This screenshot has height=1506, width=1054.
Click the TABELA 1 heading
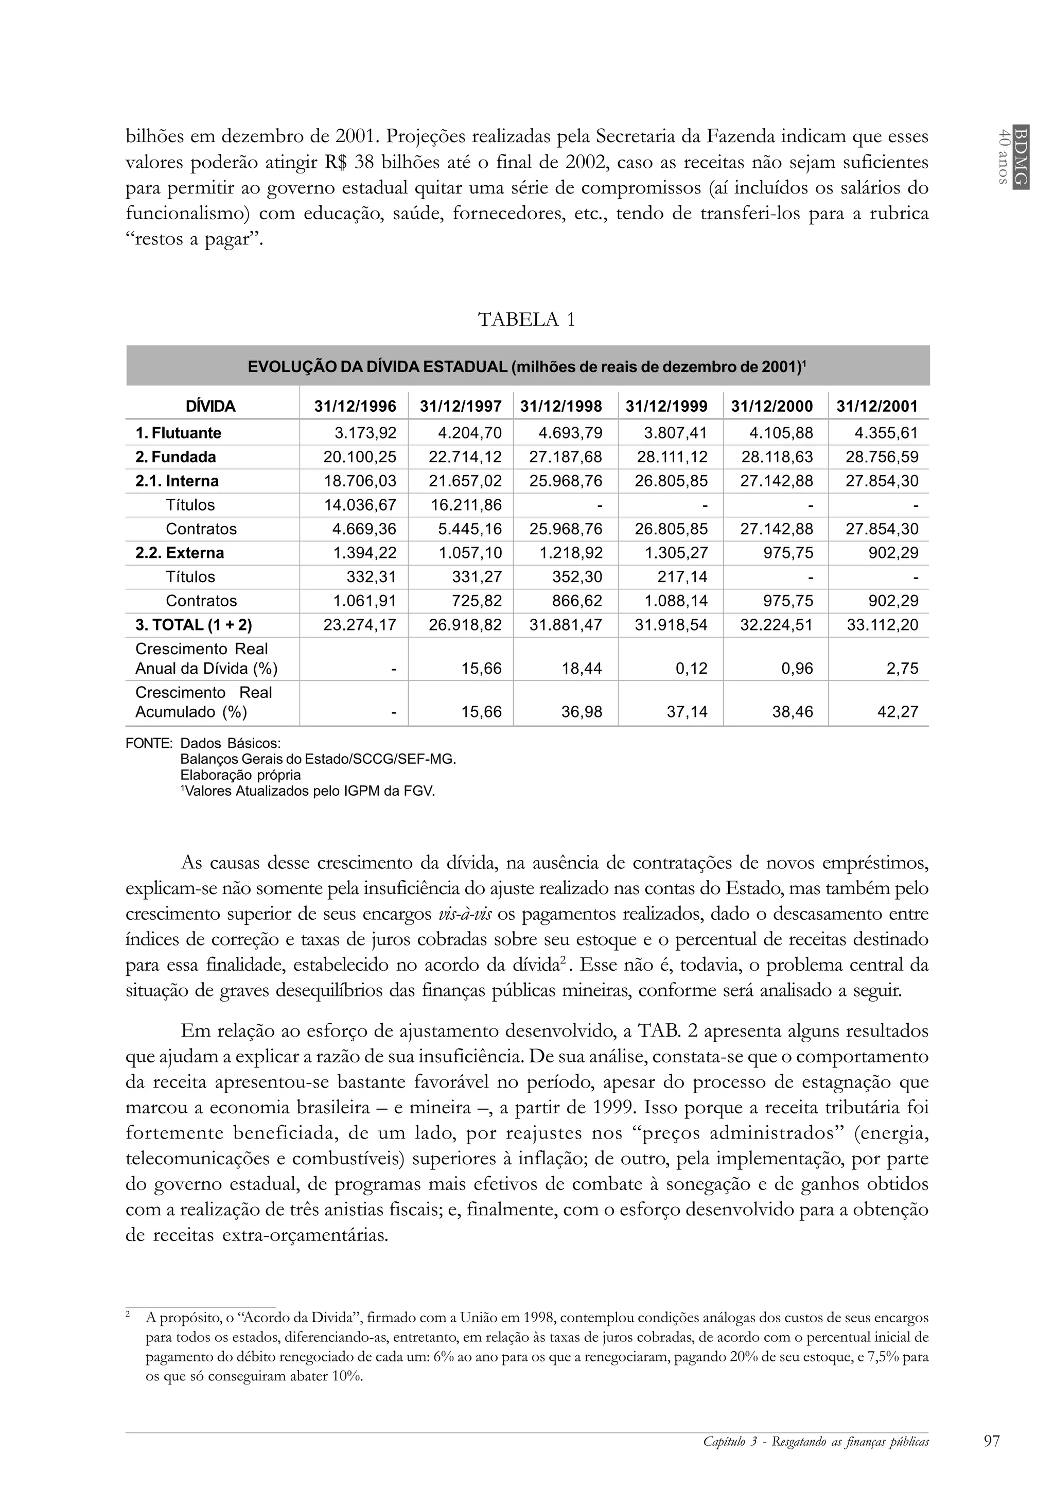(x=526, y=320)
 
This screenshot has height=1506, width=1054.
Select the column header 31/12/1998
(x=561, y=406)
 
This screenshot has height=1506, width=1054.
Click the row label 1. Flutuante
(x=179, y=433)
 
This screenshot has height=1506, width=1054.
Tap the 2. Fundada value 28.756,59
(x=882, y=457)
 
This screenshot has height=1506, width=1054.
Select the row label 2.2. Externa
(x=179, y=553)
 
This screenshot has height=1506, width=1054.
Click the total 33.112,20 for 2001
(x=882, y=625)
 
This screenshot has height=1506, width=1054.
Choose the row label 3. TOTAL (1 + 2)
(x=194, y=625)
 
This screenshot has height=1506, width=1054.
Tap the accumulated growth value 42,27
(x=898, y=712)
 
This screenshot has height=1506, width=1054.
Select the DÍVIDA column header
(x=210, y=407)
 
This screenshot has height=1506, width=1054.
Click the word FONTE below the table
(x=149, y=744)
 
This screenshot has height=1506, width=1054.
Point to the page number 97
(x=992, y=1441)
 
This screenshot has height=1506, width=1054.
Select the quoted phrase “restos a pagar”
(x=194, y=239)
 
